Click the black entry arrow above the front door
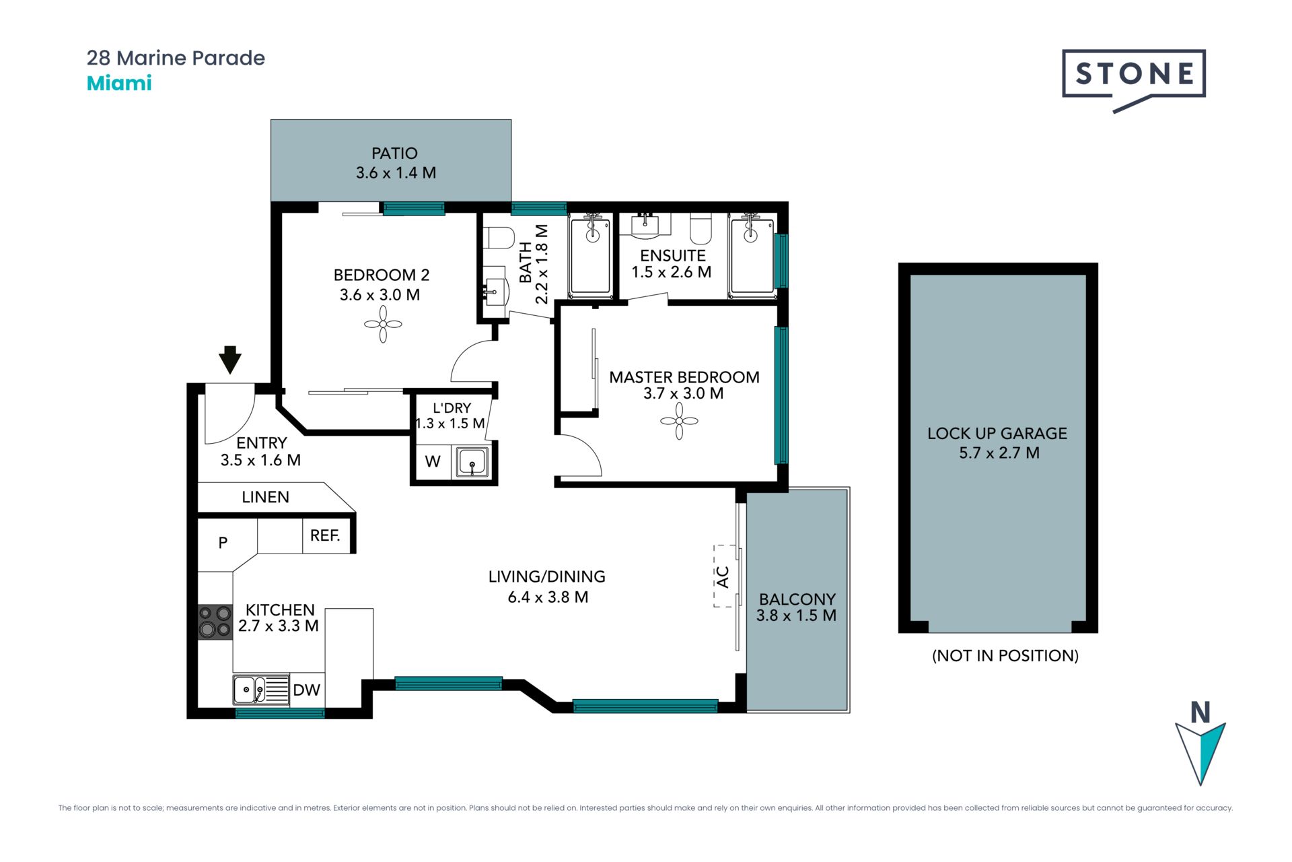230,360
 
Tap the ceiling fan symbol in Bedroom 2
383,325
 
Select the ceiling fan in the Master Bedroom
679,422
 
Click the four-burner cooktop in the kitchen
215,622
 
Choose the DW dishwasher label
306,690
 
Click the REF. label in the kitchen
325,535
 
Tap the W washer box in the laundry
433,461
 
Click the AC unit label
723,577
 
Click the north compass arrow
1200,754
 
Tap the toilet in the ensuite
701,229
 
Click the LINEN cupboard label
265,497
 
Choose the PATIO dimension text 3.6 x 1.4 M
396,173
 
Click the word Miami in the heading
119,84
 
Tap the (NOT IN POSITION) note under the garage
1005,655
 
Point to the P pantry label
223,542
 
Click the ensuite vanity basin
645,226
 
